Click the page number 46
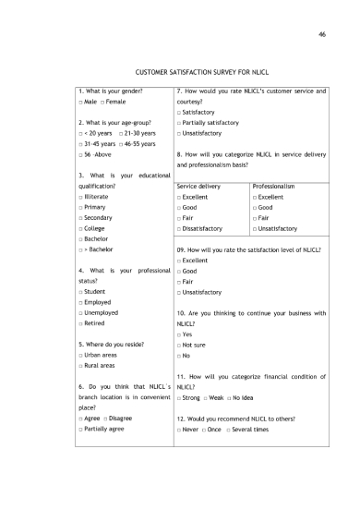[x=322, y=35]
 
